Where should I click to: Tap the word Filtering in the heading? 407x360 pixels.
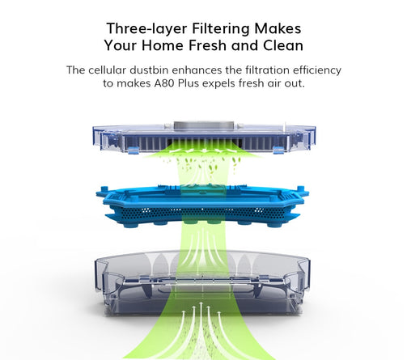(x=221, y=29)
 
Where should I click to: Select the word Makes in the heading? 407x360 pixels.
(x=278, y=28)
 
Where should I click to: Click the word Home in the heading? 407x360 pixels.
(x=163, y=45)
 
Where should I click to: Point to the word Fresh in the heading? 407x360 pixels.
(x=208, y=45)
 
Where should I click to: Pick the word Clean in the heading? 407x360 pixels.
(x=283, y=45)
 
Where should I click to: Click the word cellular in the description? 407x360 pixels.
(x=107, y=70)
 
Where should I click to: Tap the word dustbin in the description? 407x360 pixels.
(x=149, y=70)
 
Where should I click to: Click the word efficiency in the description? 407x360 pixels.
(x=317, y=70)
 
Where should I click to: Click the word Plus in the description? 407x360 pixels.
(x=189, y=83)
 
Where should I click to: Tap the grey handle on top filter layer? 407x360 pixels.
(x=203, y=126)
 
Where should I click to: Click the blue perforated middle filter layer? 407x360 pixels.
(x=202, y=206)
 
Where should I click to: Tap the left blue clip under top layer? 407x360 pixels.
(x=134, y=150)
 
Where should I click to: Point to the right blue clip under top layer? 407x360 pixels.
(x=279, y=150)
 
